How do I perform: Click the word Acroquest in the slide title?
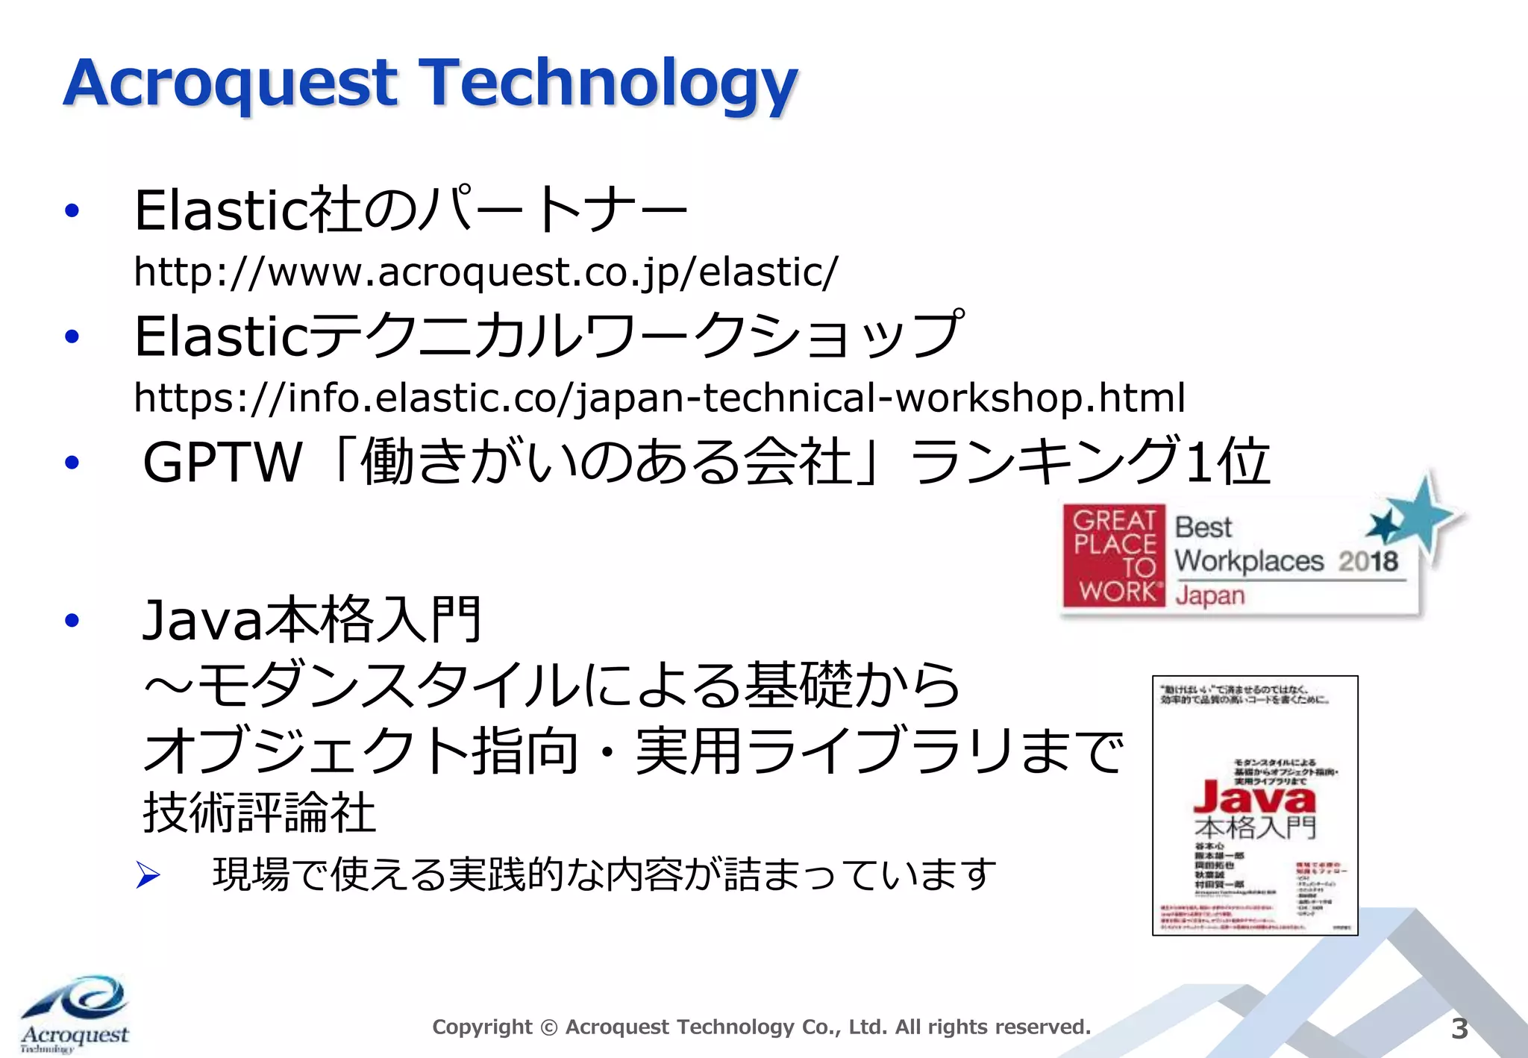pos(231,84)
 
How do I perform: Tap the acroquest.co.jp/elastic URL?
pos(486,272)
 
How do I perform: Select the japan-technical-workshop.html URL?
pos(660,397)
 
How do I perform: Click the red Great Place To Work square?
pos(1114,555)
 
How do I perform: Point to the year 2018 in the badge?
pos(1368,561)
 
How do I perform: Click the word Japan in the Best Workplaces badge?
pos(1209,596)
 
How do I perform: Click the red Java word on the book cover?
pos(1254,798)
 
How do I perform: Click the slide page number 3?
pos(1459,1029)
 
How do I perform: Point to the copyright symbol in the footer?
pos(548,1028)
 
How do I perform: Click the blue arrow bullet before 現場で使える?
pos(148,875)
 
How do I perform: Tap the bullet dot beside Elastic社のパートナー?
pos(72,211)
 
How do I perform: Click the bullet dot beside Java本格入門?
pos(72,620)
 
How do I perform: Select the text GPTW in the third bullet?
pos(222,463)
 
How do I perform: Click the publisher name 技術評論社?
pos(259,813)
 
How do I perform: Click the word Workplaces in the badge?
pos(1249,561)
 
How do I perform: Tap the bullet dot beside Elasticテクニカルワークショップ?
pos(72,337)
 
